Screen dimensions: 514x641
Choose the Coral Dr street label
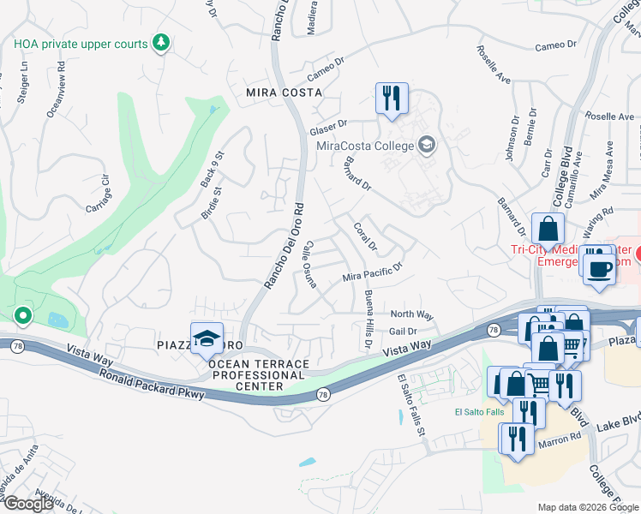coord(365,237)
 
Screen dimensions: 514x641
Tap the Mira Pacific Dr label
coord(372,273)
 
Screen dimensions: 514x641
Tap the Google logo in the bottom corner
coord(27,504)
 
